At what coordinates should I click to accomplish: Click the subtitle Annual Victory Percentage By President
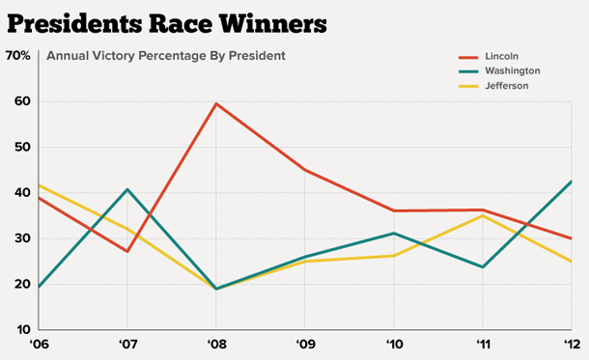point(165,55)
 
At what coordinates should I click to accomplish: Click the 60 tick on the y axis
point(22,101)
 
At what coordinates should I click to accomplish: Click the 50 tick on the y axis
point(22,147)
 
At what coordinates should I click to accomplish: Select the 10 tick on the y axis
point(22,329)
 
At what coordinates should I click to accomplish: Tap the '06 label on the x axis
point(39,345)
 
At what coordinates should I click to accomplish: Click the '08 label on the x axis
point(215,345)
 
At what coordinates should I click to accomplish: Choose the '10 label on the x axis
point(393,345)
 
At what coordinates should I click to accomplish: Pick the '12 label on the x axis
point(573,345)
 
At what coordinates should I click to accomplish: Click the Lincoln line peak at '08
point(215,103)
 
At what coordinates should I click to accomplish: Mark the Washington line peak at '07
point(127,189)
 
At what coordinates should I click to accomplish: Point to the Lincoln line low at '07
point(127,252)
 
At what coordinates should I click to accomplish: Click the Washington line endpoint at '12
point(572,181)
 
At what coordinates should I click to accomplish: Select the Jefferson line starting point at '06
point(39,185)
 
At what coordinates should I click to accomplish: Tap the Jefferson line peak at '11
point(483,215)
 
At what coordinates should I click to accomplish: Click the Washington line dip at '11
point(483,266)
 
